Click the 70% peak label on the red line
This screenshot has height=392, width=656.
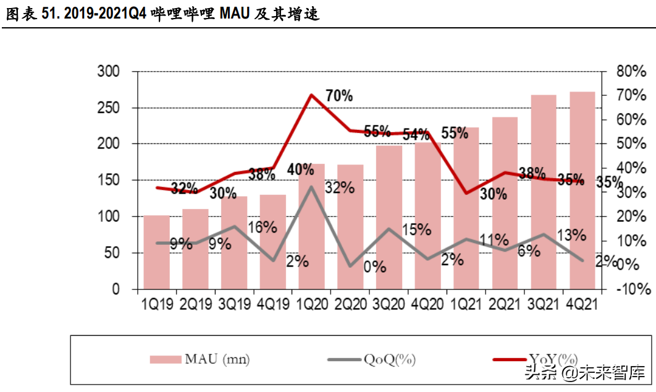click(x=339, y=96)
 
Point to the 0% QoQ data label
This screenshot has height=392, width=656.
click(x=374, y=267)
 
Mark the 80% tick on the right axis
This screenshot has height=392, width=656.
click(x=631, y=72)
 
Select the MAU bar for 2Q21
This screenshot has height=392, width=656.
click(x=505, y=204)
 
